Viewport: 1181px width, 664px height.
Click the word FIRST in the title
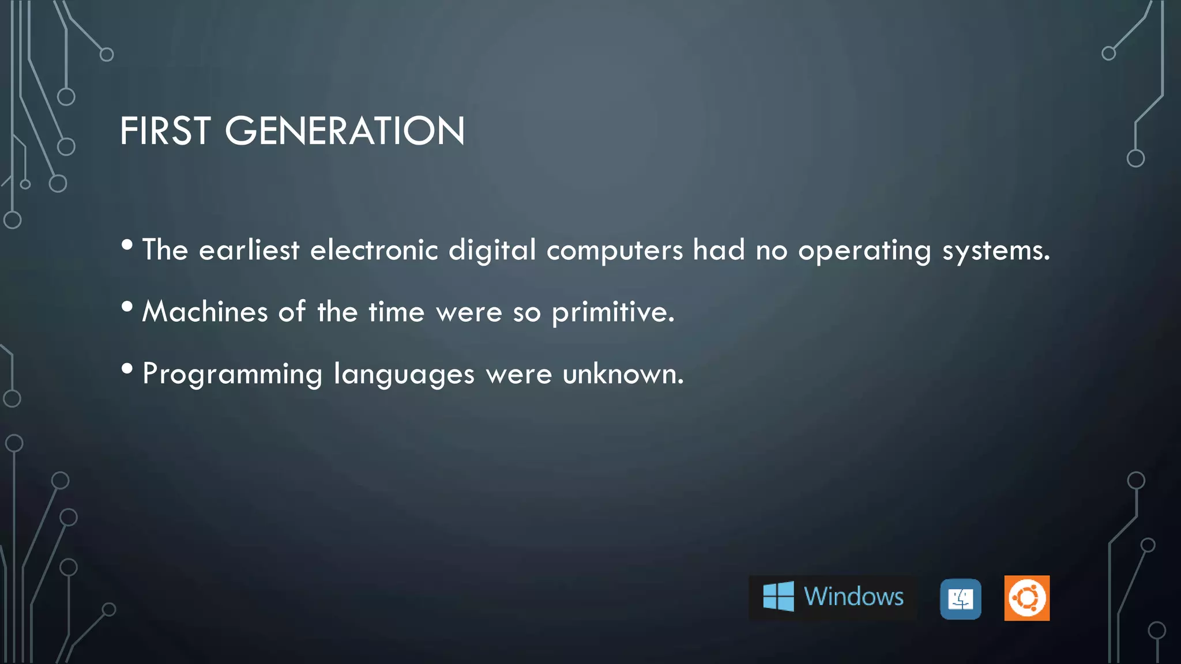164,131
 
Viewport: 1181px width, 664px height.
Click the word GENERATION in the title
344,131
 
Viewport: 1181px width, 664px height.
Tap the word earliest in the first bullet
249,251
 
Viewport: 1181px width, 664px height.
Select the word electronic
374,251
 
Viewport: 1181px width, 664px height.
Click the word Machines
205,312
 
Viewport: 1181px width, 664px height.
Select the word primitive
612,313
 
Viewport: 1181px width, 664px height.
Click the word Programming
232,375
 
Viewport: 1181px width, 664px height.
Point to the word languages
404,375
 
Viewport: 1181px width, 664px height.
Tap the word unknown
623,374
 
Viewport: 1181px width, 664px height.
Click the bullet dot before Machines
127,307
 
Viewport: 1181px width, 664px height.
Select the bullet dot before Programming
127,369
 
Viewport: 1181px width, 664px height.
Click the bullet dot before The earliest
127,245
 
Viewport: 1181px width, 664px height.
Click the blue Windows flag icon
778,597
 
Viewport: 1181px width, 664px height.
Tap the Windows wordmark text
853,597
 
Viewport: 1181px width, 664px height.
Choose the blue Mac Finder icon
960,599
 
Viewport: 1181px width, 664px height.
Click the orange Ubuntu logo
1026,598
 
